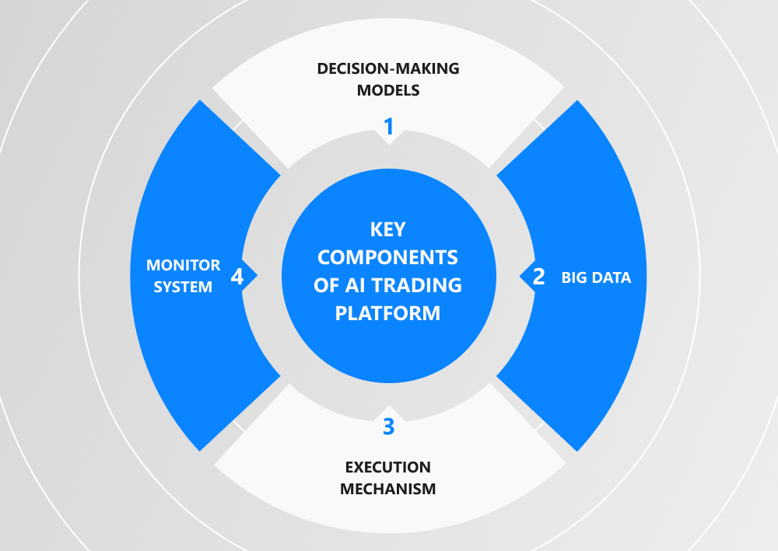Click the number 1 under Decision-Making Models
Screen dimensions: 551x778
(389, 124)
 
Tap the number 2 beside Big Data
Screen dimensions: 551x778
(538, 277)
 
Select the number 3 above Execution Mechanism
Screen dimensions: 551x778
(389, 427)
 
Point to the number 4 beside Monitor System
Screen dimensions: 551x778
(237, 277)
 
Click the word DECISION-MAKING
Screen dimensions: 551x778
(388, 68)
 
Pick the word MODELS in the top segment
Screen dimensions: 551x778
(388, 90)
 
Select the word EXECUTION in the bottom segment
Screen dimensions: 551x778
(388, 467)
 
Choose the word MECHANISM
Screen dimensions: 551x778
(388, 489)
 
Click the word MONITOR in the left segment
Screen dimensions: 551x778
(184, 266)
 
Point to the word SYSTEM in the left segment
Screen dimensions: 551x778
(184, 288)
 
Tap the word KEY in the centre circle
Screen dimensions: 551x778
(388, 231)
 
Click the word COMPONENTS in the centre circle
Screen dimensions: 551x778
(388, 258)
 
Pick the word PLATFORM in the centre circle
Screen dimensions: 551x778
(388, 313)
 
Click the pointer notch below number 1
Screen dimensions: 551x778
(389, 141)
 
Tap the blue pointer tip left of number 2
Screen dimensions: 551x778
(520, 276)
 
